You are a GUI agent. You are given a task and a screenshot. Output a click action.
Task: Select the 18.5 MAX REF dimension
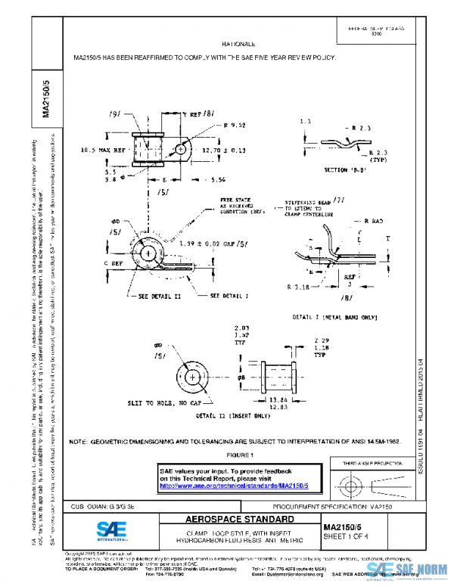(103, 151)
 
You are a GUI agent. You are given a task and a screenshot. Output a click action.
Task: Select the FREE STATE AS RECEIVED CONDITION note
(238, 207)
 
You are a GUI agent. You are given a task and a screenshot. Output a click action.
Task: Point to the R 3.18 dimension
(300, 287)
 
